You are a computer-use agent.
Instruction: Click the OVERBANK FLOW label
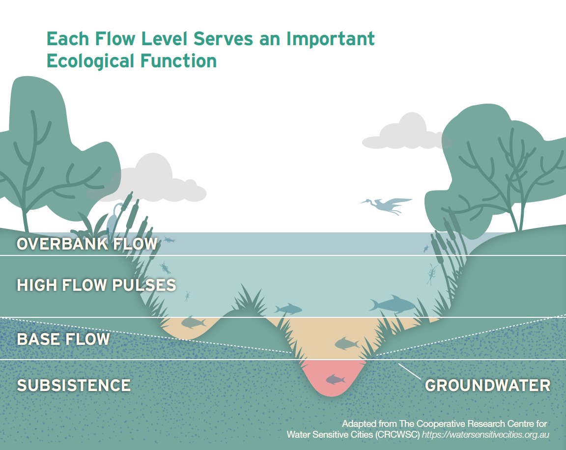point(87,244)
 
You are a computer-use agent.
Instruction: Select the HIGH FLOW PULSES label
point(96,285)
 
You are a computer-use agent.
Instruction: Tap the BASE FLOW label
point(63,339)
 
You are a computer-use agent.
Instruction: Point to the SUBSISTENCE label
point(74,386)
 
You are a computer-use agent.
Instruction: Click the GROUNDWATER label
point(488,386)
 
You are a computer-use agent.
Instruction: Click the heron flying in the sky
point(386,205)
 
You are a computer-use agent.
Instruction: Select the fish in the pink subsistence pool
point(336,379)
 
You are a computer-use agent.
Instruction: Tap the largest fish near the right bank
point(393,305)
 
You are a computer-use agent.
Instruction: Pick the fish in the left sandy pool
point(193,322)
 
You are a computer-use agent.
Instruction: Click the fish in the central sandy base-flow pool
point(346,343)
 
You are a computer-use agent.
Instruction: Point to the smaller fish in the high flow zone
point(288,309)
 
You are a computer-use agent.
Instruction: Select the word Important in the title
point(331,39)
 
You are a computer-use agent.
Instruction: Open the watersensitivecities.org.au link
point(485,434)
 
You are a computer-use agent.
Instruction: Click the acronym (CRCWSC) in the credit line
point(397,434)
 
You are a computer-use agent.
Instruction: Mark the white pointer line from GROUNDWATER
point(410,372)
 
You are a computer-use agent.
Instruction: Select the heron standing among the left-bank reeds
point(115,217)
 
